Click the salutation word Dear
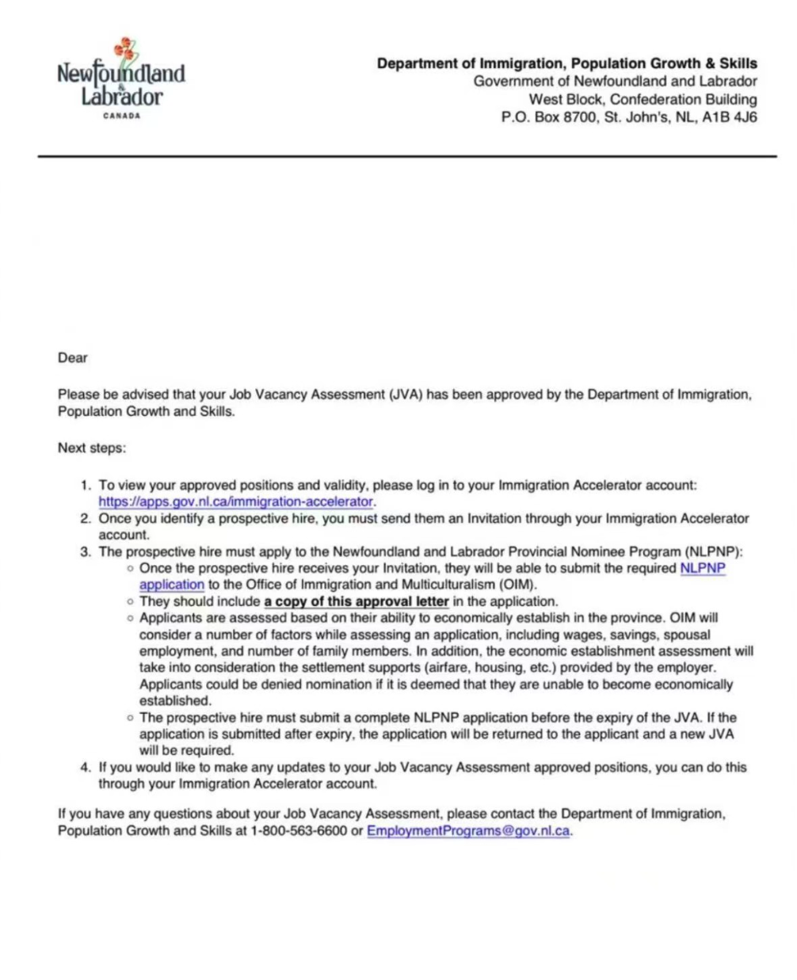point(72,358)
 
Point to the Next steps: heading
point(91,448)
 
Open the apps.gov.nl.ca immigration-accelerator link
point(235,502)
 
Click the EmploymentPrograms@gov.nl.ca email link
point(467,831)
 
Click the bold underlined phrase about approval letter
point(357,602)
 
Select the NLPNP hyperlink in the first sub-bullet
point(703,569)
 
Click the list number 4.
point(85,768)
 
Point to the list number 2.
point(85,519)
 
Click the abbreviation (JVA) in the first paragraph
point(406,395)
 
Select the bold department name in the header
point(566,63)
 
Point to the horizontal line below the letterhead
point(406,157)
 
